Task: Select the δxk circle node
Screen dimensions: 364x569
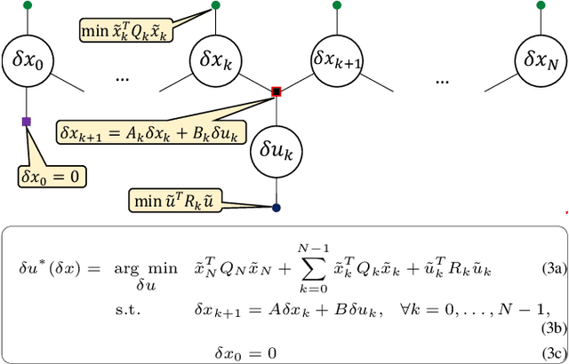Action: (x=215, y=61)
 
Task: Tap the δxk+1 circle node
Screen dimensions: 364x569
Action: (x=336, y=61)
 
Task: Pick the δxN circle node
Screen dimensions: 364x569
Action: (x=541, y=61)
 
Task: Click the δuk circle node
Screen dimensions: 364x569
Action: (x=276, y=152)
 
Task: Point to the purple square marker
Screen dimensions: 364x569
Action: (x=27, y=121)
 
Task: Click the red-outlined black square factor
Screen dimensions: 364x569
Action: (x=276, y=91)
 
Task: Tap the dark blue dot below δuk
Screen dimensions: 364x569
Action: (x=276, y=208)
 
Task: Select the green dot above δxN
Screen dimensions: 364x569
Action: (x=541, y=5)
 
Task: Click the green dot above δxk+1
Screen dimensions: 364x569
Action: (x=336, y=5)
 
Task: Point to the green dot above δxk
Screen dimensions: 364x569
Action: (x=215, y=5)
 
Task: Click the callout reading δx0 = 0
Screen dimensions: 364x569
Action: (x=50, y=176)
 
